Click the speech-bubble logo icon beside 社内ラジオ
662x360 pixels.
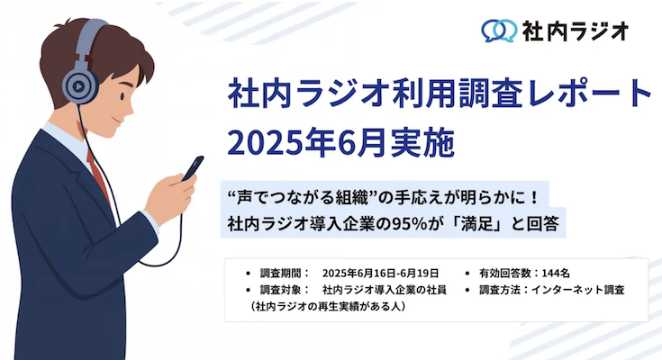pyautogui.click(x=499, y=31)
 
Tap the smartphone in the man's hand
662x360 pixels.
pyautogui.click(x=193, y=168)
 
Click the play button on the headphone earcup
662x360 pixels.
pyautogui.click(x=78, y=86)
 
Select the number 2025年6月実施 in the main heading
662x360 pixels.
pyautogui.click(x=340, y=143)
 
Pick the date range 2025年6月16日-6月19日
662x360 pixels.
pyautogui.click(x=380, y=274)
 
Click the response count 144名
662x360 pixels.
pyautogui.click(x=556, y=274)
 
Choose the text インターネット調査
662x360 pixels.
pyautogui.click(x=577, y=290)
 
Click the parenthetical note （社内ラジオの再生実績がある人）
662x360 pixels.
pyautogui.click(x=328, y=306)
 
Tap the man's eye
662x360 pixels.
pyautogui.click(x=122, y=96)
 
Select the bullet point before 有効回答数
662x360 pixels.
pyautogui.click(x=467, y=274)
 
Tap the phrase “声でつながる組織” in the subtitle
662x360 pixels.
pyautogui.click(x=304, y=197)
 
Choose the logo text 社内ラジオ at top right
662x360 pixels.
pyautogui.click(x=576, y=31)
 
